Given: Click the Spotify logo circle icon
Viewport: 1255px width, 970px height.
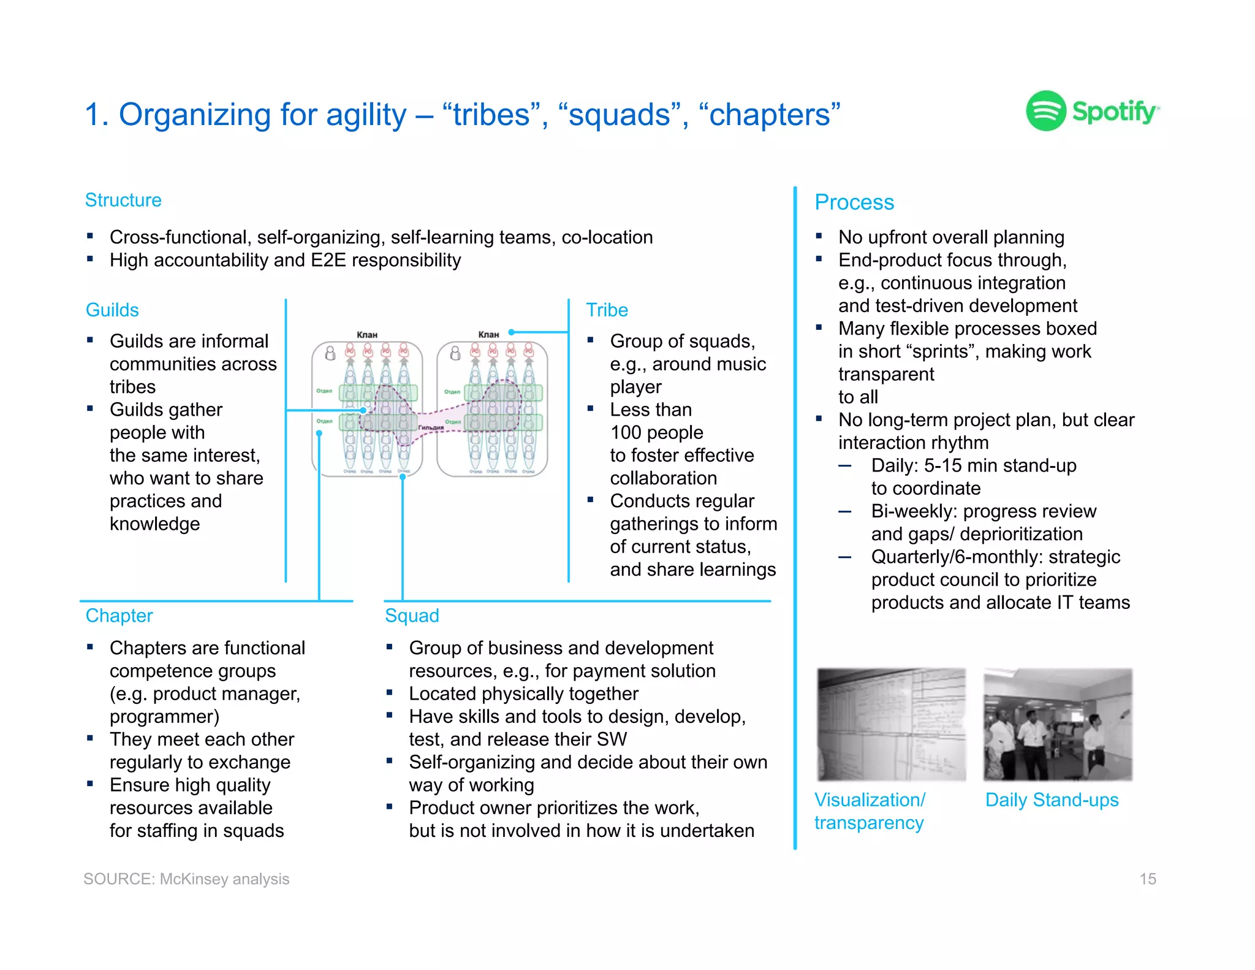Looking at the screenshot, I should coord(1046,111).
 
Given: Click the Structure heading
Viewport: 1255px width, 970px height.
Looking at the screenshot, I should coord(123,200).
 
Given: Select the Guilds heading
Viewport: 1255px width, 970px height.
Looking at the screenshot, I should coord(112,310).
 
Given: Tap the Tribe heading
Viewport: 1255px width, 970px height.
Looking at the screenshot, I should coord(607,310).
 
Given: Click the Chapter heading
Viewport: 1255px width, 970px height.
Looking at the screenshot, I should coord(119,616).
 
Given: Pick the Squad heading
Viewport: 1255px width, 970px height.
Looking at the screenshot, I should coord(412,616).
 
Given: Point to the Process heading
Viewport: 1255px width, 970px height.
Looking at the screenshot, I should coord(854,202).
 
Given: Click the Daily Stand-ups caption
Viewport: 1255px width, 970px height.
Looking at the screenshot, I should coord(1052,800).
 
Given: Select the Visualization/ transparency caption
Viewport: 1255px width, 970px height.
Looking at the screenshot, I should coord(870,811).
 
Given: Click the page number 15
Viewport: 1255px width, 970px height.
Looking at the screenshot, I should coord(1147,879).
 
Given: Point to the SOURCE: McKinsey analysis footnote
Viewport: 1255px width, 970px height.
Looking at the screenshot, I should coord(186,879).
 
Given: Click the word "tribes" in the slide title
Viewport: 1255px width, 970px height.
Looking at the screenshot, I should coord(491,115).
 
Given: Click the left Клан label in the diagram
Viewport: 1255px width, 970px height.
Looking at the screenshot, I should coord(367,335).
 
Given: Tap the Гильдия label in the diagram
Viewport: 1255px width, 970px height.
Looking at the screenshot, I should coord(431,427).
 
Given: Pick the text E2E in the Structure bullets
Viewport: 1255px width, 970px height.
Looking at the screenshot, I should coord(328,261).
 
